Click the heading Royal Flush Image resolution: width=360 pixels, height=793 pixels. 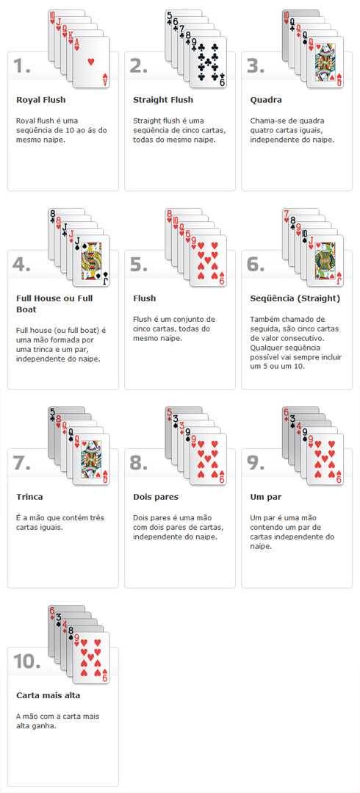tap(41, 100)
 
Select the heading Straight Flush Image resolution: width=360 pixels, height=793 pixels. tap(163, 100)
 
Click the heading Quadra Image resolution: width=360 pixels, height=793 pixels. tap(266, 100)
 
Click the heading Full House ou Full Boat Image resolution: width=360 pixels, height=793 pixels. tap(54, 304)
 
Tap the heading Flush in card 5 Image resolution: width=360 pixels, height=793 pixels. tap(144, 298)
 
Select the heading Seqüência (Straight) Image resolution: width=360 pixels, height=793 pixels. tap(295, 298)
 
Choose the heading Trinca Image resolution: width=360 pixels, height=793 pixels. tap(29, 497)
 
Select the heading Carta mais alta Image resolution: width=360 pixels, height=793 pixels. tap(48, 696)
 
